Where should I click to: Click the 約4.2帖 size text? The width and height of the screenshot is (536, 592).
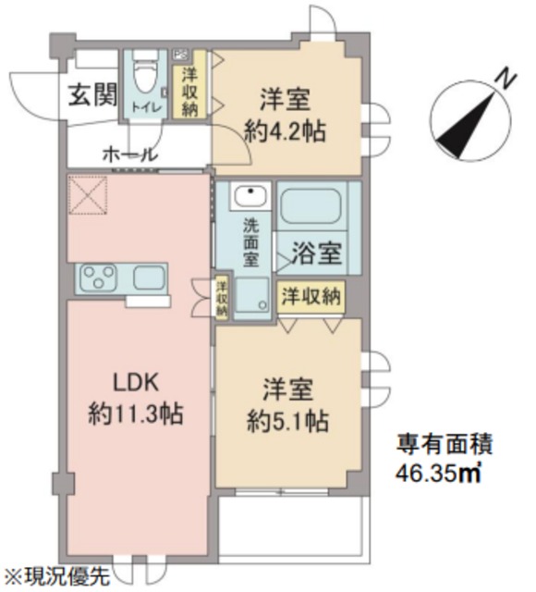[286, 130]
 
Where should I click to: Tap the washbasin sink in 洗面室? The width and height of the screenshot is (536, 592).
[249, 196]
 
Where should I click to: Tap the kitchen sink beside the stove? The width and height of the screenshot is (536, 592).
[149, 276]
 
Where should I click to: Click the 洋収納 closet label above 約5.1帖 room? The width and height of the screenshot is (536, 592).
[311, 298]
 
